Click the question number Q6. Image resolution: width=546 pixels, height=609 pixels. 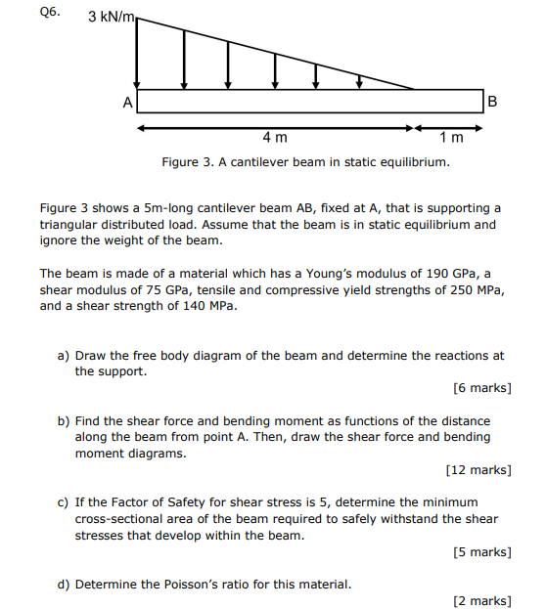49,13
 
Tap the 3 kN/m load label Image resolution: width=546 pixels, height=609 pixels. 111,17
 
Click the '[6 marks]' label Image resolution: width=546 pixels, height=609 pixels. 481,388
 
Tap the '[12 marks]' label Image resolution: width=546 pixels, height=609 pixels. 478,470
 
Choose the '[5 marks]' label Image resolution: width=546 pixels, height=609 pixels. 481,552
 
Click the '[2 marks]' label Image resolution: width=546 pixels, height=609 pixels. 481,601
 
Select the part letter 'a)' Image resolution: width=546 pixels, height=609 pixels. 64,356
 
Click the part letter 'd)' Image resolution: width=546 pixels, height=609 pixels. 64,585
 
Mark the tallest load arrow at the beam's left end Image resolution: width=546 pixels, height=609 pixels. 137,54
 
